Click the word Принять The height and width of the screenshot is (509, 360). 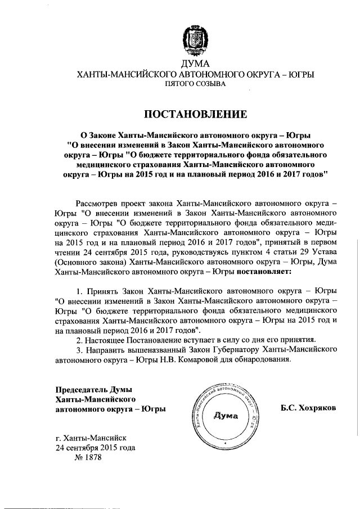(101, 291)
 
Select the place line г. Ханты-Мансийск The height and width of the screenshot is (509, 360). (91, 437)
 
